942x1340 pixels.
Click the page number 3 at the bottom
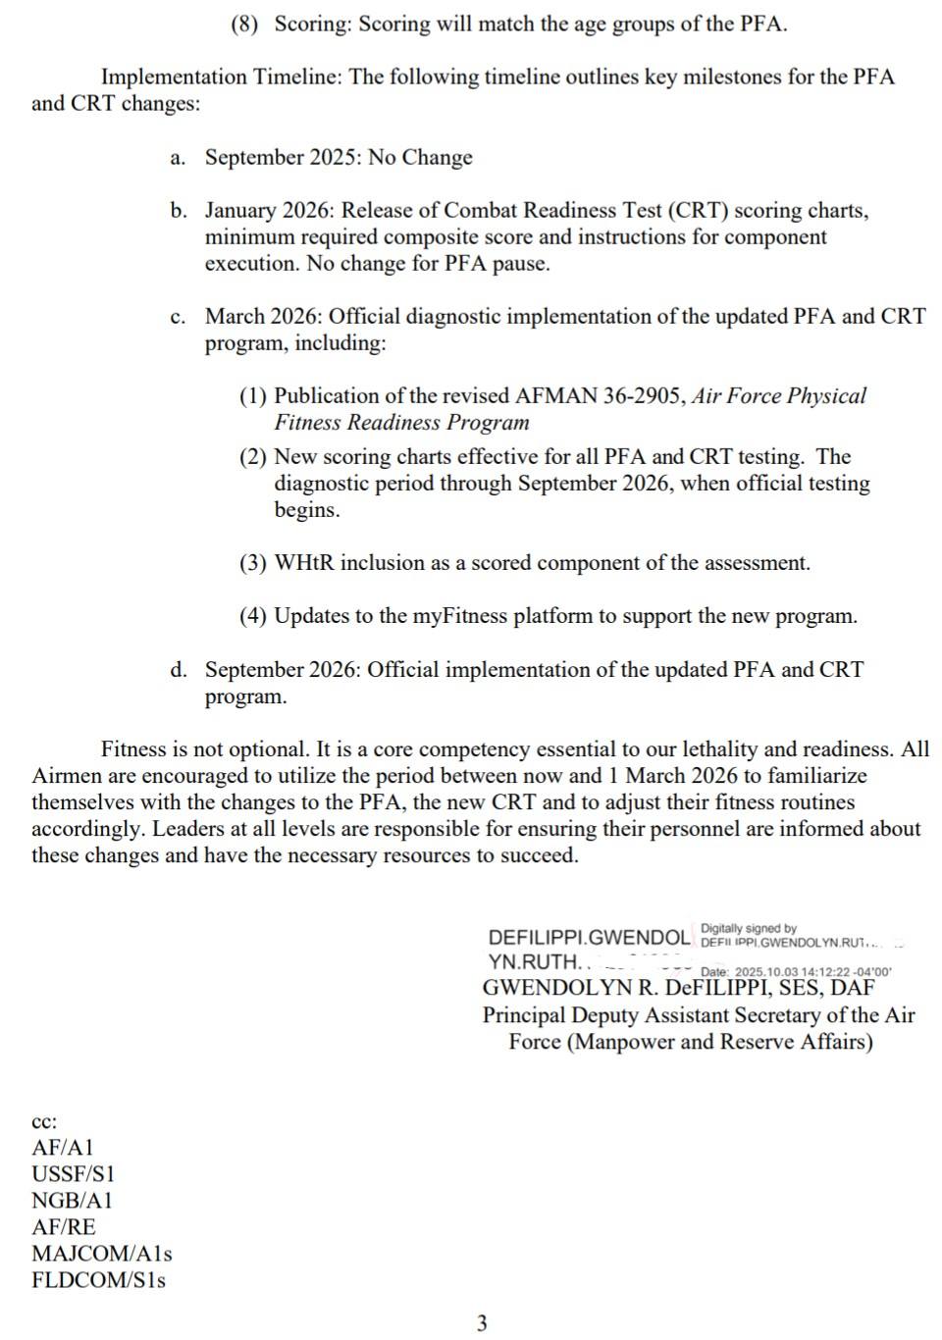pyautogui.click(x=481, y=1323)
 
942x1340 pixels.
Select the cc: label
pyautogui.click(x=44, y=1121)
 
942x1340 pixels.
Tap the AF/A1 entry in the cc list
pyautogui.click(x=63, y=1148)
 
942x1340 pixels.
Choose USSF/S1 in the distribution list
pyautogui.click(x=73, y=1174)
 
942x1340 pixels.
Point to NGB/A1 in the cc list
pyautogui.click(x=72, y=1201)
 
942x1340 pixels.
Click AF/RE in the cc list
pyautogui.click(x=64, y=1227)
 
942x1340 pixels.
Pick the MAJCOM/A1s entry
pyautogui.click(x=101, y=1254)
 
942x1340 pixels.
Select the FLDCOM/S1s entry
pyautogui.click(x=98, y=1280)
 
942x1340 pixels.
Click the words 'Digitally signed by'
pyautogui.click(x=749, y=928)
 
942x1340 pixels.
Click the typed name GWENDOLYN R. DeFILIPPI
pyautogui.click(x=627, y=988)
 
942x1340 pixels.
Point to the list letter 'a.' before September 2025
pyautogui.click(x=178, y=158)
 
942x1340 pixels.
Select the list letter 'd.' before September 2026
pyautogui.click(x=178, y=670)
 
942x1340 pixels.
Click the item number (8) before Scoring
pyautogui.click(x=244, y=25)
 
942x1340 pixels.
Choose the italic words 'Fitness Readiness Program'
pyautogui.click(x=401, y=423)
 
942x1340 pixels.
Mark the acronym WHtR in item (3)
pyautogui.click(x=303, y=563)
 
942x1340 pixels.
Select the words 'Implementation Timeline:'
pyautogui.click(x=222, y=77)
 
